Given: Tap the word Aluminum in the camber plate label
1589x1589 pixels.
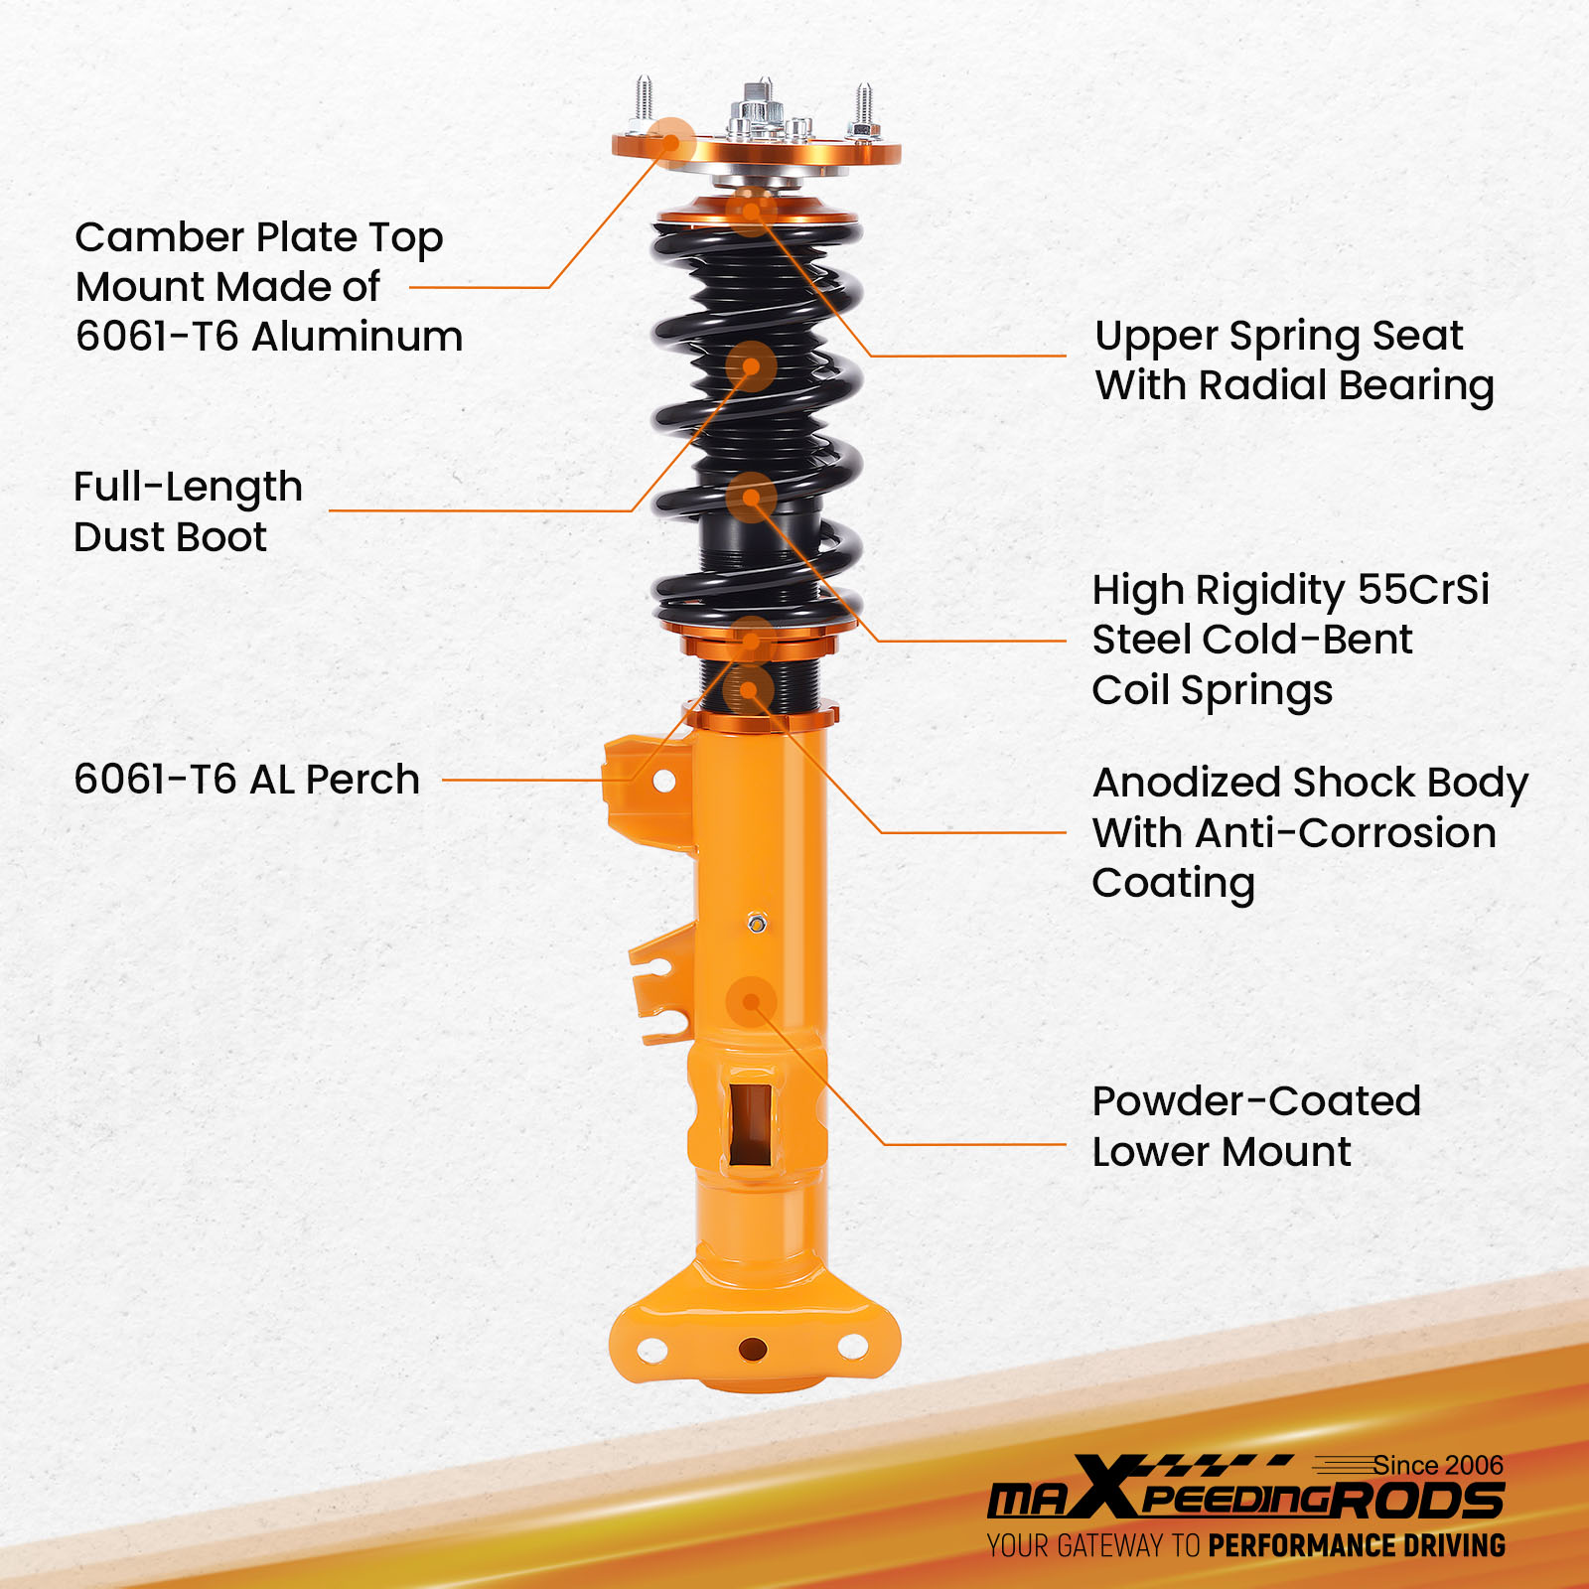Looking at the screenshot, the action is click(358, 337).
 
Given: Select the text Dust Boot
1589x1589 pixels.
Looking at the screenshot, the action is click(170, 537).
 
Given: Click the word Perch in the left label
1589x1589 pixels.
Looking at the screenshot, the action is click(362, 780).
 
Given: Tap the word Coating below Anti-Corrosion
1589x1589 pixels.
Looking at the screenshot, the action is click(1173, 884).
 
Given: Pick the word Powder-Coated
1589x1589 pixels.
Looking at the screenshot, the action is click(1256, 1101).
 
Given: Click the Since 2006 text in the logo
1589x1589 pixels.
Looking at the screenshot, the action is click(1438, 1465).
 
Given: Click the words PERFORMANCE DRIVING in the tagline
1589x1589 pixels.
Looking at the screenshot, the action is click(1357, 1545).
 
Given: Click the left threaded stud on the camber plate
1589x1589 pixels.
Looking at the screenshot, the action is click(645, 102).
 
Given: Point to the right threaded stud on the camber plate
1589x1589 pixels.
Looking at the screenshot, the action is click(863, 110).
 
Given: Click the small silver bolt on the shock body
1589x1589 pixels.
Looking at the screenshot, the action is click(757, 924).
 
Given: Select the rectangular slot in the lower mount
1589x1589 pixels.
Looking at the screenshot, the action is click(751, 1123).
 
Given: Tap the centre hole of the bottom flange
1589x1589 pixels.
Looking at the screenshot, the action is click(753, 1350).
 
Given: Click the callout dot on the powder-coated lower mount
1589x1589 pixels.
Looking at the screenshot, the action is click(752, 1002).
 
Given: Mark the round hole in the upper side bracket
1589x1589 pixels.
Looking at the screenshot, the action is click(664, 782).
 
